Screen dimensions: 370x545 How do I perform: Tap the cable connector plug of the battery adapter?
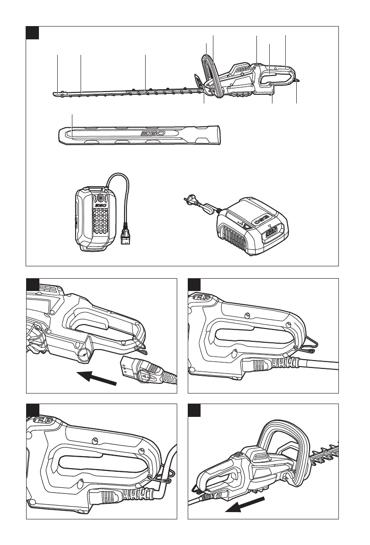(125, 237)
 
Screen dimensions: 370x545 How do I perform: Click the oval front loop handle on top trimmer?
(213, 77)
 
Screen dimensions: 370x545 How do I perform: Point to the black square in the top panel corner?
(32, 33)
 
